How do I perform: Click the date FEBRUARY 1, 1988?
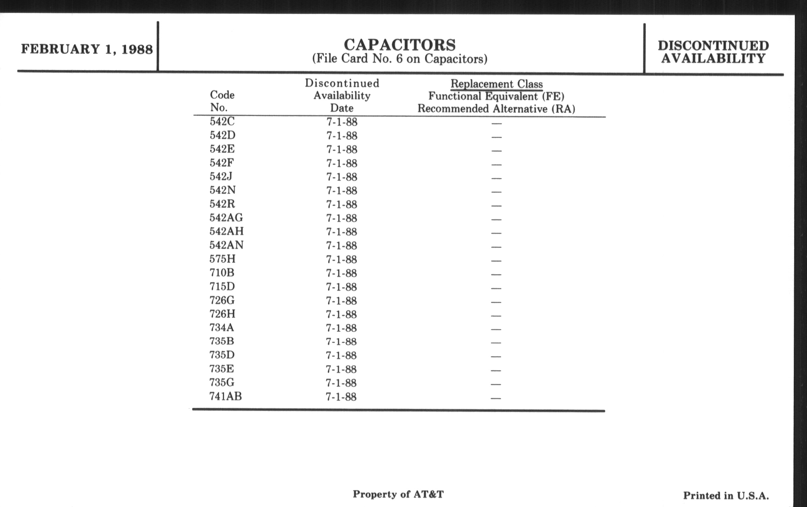[x=87, y=49]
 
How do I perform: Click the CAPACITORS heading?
[x=400, y=45]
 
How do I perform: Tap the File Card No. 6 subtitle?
[x=400, y=59]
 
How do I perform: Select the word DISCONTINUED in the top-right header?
[x=713, y=46]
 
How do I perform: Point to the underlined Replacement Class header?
[x=496, y=84]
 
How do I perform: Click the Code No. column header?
[x=222, y=101]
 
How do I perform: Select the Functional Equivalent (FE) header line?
[x=496, y=96]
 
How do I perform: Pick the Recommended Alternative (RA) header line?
[x=496, y=109]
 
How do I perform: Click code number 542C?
[x=222, y=122]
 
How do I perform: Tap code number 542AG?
[x=226, y=218]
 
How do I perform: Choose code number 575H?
[x=223, y=259]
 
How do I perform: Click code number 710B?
[x=222, y=273]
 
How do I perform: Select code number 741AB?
[x=226, y=397]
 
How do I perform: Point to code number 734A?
[x=222, y=328]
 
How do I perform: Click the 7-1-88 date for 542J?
[x=342, y=177]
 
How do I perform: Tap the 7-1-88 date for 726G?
[x=341, y=301]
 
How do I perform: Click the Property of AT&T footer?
[x=398, y=494]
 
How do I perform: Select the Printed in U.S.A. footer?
[x=726, y=496]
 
